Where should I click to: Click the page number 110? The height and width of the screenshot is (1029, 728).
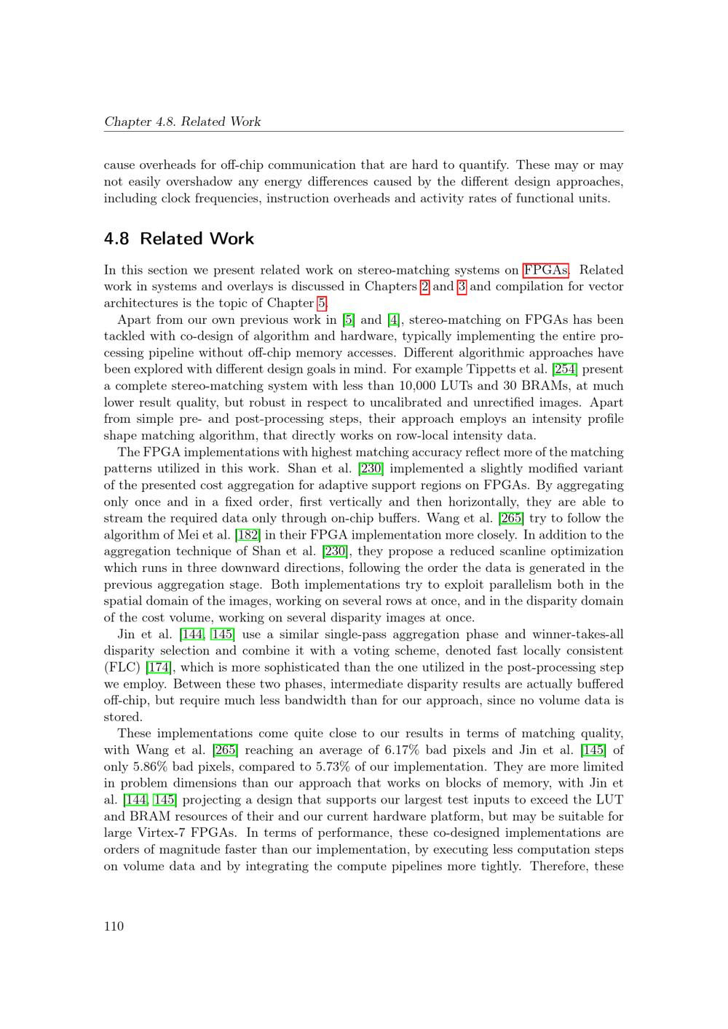(x=114, y=926)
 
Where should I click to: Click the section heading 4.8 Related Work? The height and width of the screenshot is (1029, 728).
(x=179, y=239)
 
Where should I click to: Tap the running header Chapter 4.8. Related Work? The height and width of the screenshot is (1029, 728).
(x=182, y=122)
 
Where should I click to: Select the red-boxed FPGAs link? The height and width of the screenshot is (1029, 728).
(x=545, y=270)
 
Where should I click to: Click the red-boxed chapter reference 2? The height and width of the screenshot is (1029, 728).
(x=425, y=287)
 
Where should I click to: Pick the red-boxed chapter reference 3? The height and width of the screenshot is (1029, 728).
(x=462, y=287)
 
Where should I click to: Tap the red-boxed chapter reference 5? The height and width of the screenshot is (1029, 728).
(x=321, y=303)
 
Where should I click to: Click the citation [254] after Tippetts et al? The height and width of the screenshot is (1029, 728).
(x=565, y=370)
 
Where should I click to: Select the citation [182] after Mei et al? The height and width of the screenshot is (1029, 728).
(x=248, y=535)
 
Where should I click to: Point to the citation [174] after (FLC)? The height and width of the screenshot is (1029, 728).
(x=159, y=667)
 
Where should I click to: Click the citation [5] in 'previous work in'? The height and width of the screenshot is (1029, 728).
(x=349, y=320)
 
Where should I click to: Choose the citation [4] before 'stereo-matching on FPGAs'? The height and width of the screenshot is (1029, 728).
(x=394, y=320)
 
